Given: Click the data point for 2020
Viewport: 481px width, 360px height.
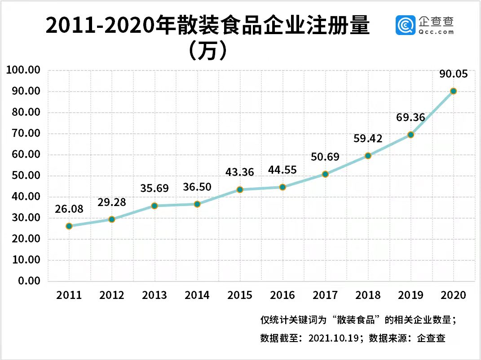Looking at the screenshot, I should pos(454,91).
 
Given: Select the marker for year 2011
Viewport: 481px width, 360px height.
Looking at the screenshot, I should pos(69,226).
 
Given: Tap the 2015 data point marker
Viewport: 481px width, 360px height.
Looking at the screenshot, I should pos(240,190).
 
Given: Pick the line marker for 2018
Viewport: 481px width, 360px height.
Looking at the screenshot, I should pos(368,156).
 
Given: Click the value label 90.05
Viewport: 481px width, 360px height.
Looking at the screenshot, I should pos(453,74).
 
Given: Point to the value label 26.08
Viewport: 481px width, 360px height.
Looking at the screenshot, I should pos(69,209).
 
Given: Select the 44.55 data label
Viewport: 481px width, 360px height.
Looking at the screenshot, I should pos(282,170).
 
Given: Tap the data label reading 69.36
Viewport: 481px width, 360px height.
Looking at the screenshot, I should pos(410,118).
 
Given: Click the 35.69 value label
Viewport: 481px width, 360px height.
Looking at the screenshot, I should pos(154,188).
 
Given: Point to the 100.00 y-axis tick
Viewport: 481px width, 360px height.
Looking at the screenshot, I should pos(23,70).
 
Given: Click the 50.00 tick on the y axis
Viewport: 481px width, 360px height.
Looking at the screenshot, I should pos(26,176).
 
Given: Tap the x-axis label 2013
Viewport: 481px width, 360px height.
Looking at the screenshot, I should pos(154,295).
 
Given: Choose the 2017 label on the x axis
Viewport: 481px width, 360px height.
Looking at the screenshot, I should pos(325,295).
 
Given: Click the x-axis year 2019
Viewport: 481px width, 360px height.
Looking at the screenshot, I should pos(410,295).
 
